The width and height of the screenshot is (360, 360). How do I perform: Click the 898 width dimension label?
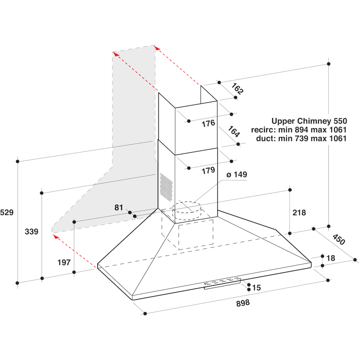click(x=243, y=303)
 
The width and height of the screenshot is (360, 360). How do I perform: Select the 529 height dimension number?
click(x=7, y=212)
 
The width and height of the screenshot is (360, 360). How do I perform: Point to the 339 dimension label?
click(x=31, y=231)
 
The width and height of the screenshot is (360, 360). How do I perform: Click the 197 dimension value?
click(x=64, y=262)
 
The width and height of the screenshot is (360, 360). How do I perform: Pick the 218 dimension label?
click(x=299, y=212)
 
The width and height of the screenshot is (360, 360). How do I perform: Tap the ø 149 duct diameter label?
click(x=237, y=175)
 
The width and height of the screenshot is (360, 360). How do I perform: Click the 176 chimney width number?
click(x=208, y=123)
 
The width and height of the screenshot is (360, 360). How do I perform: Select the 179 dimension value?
click(x=208, y=170)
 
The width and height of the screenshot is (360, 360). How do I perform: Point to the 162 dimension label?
click(x=237, y=89)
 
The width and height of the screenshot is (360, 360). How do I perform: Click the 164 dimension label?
click(x=234, y=132)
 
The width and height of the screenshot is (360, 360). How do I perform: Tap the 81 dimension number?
click(x=119, y=207)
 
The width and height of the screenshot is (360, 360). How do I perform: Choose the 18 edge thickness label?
click(x=331, y=258)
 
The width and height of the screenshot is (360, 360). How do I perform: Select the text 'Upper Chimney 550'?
click(x=309, y=121)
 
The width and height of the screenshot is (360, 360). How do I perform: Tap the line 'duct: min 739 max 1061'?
click(x=301, y=139)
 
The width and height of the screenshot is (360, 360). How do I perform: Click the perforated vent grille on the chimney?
click(x=166, y=186)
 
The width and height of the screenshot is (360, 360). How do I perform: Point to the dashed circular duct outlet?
click(x=186, y=211)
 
